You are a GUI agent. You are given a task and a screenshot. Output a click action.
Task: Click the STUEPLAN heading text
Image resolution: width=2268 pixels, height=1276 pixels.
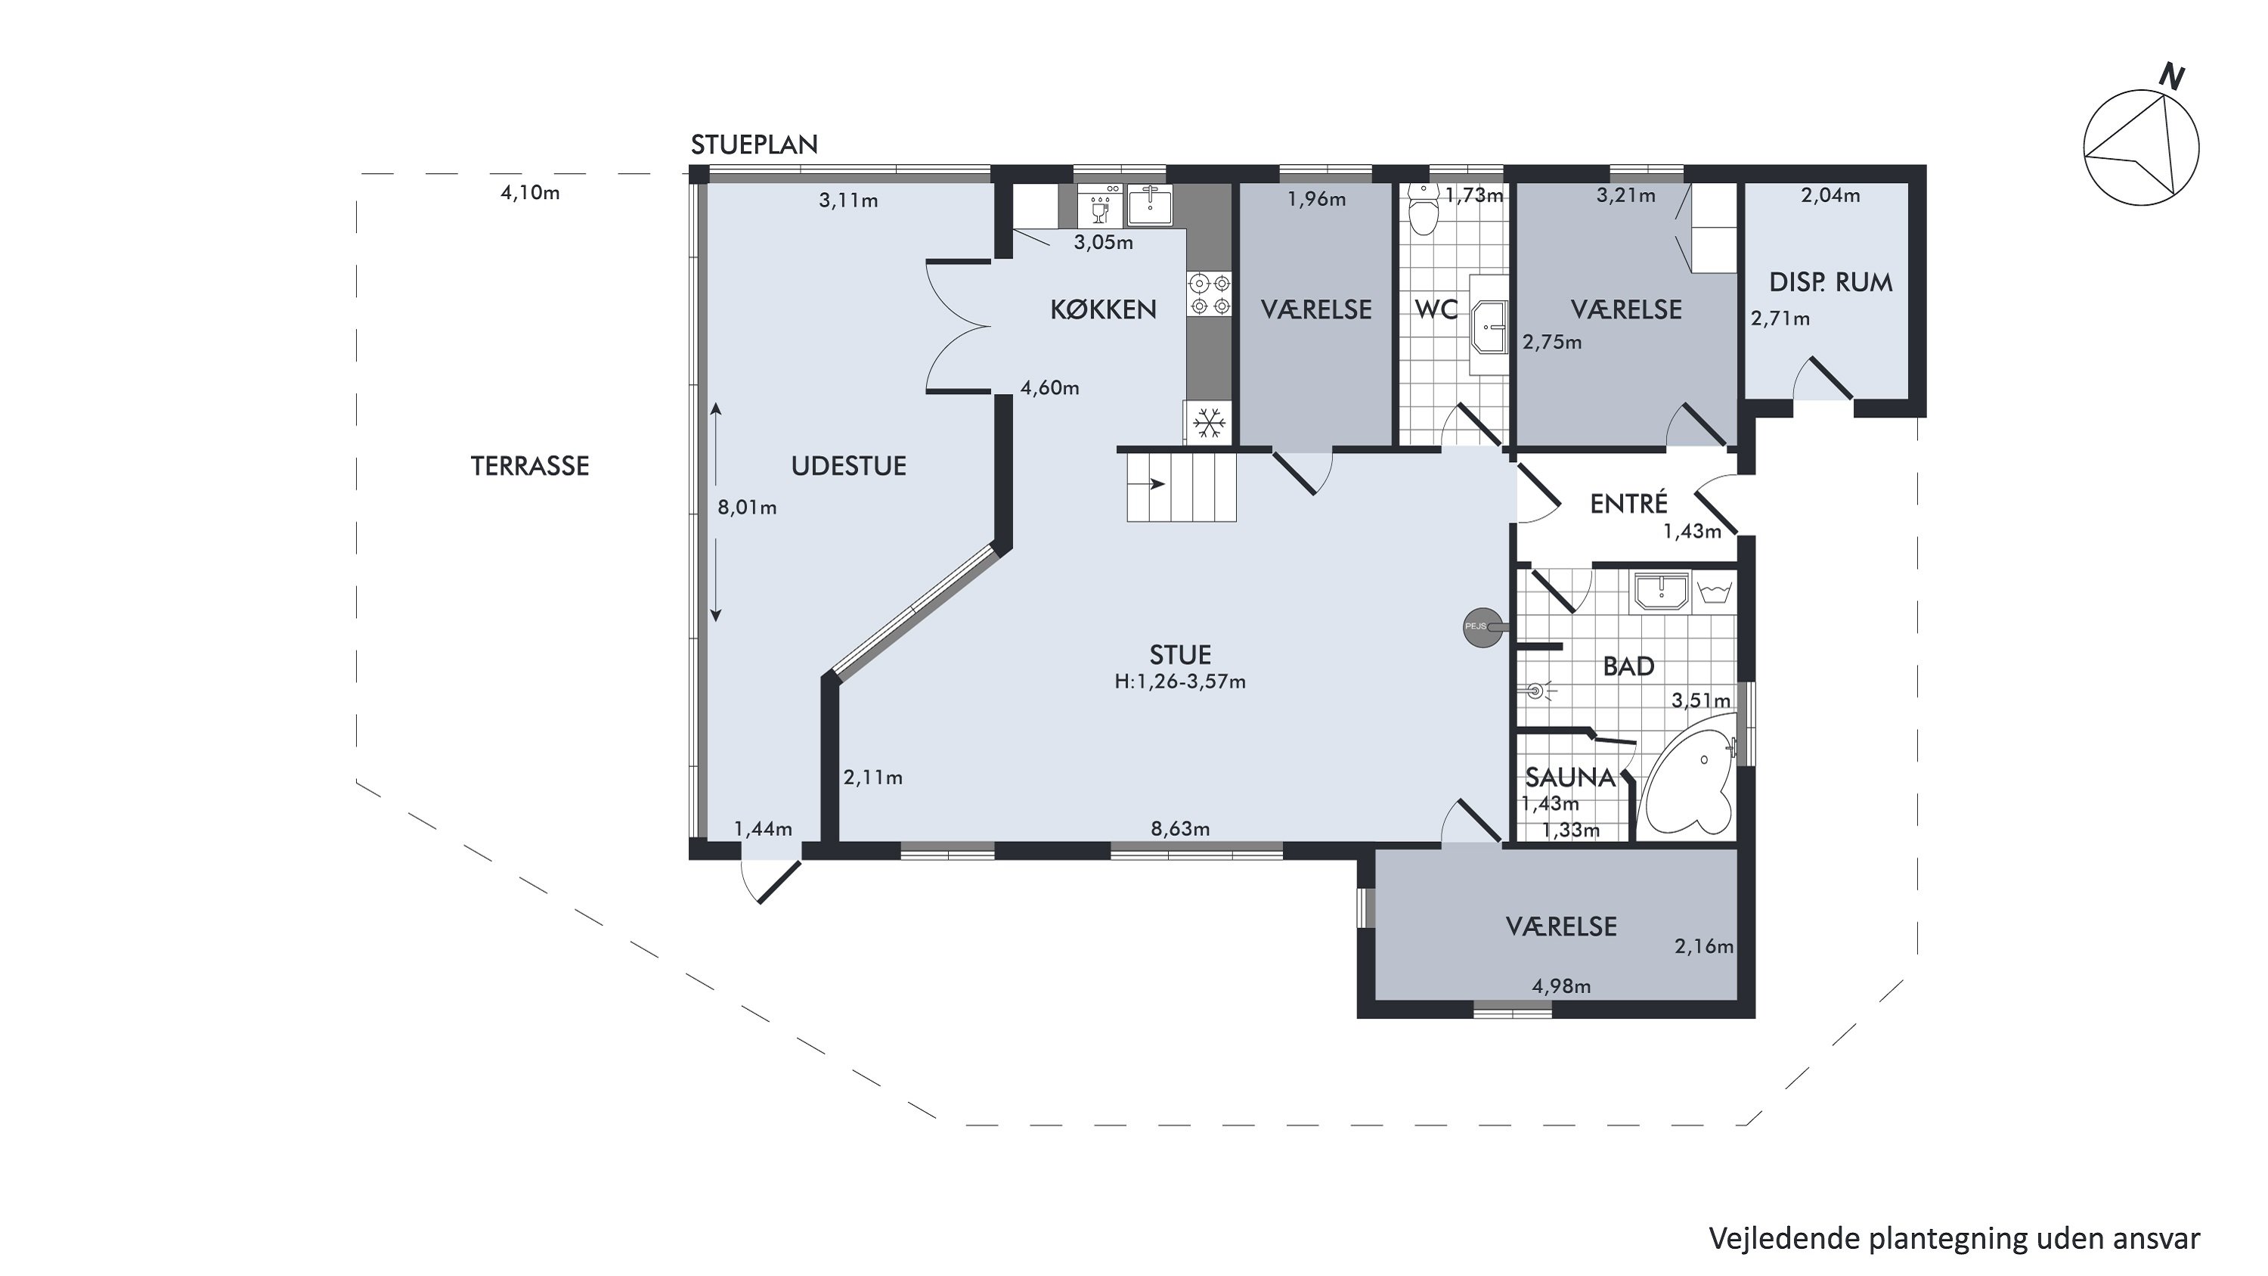(x=754, y=144)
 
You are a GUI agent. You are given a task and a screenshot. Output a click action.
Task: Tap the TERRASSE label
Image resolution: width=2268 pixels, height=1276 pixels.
(x=530, y=466)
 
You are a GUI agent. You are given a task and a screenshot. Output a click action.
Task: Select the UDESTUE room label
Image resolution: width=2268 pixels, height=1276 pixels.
(x=849, y=466)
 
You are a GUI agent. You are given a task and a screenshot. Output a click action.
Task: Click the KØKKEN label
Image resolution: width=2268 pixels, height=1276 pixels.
(x=1103, y=309)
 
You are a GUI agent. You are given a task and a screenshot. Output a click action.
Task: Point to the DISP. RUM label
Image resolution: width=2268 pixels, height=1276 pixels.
(x=1830, y=283)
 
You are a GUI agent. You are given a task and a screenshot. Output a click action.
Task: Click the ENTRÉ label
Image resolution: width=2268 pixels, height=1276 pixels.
(x=1629, y=503)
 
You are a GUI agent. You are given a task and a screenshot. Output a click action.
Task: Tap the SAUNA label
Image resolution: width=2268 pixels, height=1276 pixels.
(x=1571, y=778)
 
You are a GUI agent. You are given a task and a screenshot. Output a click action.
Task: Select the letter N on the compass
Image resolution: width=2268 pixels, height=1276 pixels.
(x=2172, y=79)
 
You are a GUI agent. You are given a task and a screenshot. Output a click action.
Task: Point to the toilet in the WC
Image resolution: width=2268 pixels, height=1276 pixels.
(x=1422, y=209)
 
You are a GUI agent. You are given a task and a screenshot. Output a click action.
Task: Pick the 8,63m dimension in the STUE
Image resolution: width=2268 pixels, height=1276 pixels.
(x=1180, y=829)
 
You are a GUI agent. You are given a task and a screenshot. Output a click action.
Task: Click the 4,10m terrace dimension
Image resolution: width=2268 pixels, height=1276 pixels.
(x=530, y=193)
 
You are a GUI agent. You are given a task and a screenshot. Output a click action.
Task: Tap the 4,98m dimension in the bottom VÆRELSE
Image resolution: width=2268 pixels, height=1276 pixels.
(x=1561, y=986)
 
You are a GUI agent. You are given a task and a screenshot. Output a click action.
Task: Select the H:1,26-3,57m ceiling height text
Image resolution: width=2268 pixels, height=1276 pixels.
(x=1180, y=681)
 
